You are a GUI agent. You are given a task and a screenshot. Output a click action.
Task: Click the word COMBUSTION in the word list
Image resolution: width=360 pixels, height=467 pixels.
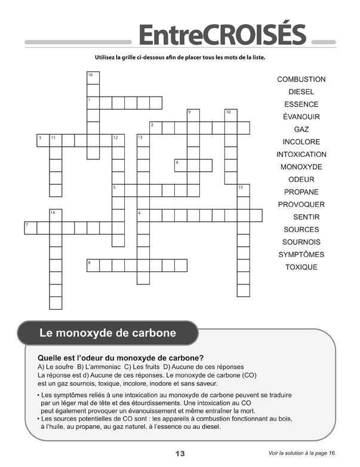click(301, 79)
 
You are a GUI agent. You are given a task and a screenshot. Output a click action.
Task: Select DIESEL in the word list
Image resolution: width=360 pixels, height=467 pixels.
click(301, 92)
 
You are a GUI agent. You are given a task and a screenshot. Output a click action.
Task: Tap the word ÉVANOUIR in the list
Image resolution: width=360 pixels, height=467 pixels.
click(301, 117)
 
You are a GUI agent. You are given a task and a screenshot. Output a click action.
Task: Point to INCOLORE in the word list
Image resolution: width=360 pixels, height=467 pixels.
click(301, 142)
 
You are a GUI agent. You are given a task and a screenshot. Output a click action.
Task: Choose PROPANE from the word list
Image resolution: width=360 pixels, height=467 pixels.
click(301, 192)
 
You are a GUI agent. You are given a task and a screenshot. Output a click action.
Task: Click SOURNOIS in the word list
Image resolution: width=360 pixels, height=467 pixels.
click(301, 242)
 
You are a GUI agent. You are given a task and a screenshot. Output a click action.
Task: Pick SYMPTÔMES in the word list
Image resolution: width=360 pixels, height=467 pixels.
click(301, 255)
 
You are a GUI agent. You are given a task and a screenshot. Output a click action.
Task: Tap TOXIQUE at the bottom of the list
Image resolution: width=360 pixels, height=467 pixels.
click(301, 267)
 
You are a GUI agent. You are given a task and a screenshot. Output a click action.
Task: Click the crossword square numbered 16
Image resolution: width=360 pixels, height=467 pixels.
click(93, 78)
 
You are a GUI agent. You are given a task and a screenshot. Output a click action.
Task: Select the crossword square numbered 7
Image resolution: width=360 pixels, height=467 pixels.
click(30, 228)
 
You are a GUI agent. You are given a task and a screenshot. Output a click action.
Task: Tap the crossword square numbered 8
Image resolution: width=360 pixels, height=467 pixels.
click(93, 265)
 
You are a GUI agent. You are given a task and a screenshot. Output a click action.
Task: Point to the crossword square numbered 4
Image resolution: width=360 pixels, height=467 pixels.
click(180, 165)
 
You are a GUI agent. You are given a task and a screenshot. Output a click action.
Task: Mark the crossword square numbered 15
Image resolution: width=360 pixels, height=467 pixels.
click(243, 190)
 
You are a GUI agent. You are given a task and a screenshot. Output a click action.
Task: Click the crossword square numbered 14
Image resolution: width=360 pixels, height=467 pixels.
click(56, 215)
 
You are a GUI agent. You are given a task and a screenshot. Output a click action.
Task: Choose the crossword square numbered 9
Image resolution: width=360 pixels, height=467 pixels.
click(193, 115)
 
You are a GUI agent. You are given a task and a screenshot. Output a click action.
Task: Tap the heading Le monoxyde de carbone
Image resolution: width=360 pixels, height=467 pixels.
click(107, 333)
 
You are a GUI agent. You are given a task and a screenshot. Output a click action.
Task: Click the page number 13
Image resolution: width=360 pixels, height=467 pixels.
click(180, 453)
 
